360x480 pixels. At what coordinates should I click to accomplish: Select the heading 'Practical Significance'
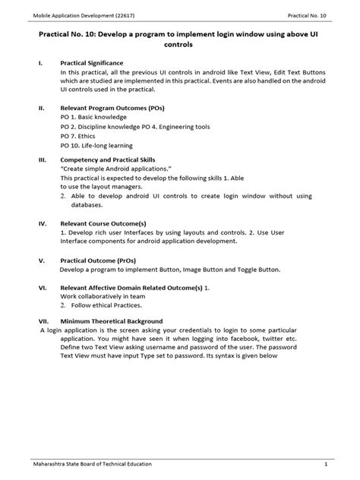tap(96, 62)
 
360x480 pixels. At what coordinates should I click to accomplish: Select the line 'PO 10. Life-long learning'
tap(96, 145)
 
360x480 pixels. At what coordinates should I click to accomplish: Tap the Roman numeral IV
tap(43, 224)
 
